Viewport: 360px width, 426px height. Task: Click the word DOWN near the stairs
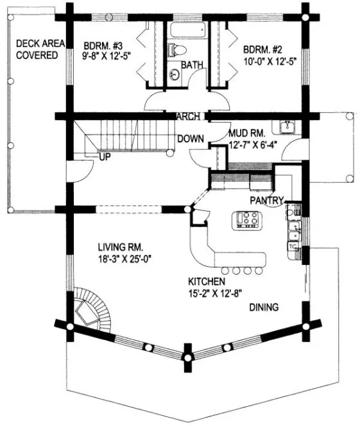tap(191, 138)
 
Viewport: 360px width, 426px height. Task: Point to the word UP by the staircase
tap(104, 156)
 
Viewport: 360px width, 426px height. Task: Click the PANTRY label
tap(267, 200)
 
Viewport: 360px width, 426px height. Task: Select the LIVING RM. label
tap(120, 247)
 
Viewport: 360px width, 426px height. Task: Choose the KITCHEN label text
tap(206, 282)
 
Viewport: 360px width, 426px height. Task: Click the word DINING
tap(264, 307)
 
